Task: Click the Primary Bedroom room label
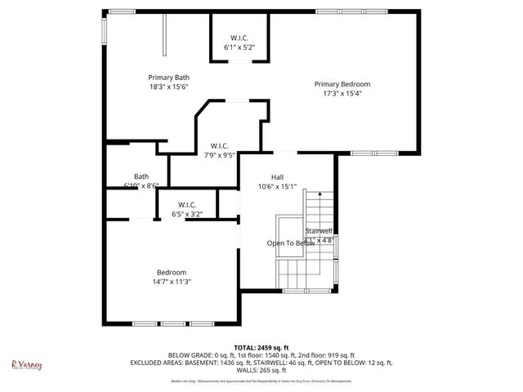coord(342,84)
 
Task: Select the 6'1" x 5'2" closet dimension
coord(239,47)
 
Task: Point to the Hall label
coord(277,176)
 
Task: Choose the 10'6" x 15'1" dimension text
coord(277,186)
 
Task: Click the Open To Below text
coord(290,243)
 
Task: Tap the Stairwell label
coord(319,231)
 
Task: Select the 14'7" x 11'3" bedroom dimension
coord(172,282)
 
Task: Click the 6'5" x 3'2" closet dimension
coord(187,214)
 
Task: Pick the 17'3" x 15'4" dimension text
coord(342,94)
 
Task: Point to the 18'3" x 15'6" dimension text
coord(168,87)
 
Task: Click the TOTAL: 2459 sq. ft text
coord(261,348)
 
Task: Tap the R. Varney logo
coord(26,365)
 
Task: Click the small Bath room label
coord(141,176)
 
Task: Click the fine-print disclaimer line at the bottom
coord(261,381)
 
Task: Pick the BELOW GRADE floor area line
coord(261,355)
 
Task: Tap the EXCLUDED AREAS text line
coord(261,363)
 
